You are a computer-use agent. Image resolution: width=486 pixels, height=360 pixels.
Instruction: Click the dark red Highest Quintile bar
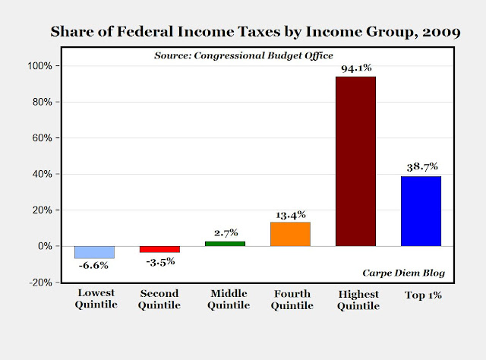point(355,161)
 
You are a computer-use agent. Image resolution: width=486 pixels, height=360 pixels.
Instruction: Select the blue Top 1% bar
point(421,211)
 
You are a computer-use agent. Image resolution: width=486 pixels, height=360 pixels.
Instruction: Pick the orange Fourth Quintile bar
point(290,234)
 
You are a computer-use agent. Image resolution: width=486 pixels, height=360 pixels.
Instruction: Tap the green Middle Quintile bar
point(225,243)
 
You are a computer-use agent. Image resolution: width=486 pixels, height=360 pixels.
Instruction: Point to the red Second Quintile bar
point(159,249)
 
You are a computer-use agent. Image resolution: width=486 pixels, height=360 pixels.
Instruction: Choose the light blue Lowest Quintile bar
point(94,252)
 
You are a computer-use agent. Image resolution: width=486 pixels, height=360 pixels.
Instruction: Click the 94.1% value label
point(355,68)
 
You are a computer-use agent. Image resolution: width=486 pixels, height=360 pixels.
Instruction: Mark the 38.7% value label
point(421,166)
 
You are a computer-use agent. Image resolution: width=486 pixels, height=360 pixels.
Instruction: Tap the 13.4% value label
point(290,213)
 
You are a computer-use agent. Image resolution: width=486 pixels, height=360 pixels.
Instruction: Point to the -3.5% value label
point(159,261)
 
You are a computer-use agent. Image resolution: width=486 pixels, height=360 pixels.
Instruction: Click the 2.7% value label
point(225,232)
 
